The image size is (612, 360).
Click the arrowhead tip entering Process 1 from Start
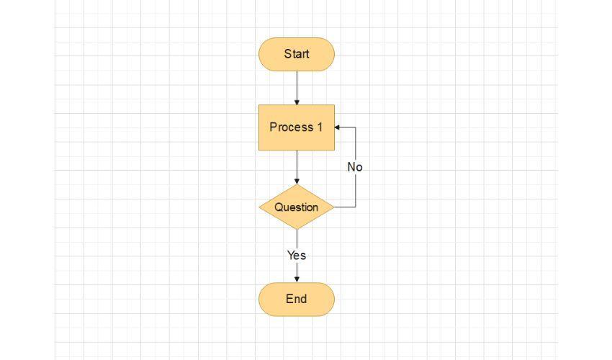tap(297, 105)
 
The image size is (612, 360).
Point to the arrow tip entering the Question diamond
tap(297, 184)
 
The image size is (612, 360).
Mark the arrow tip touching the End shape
tap(297, 282)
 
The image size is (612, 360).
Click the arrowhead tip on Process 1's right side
tap(335, 127)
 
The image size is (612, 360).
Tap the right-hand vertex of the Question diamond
tap(335, 207)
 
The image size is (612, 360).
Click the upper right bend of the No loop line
tap(356, 127)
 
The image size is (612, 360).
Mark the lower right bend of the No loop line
tap(356, 207)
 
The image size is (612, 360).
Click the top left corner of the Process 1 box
tap(258, 105)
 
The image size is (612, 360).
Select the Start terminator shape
tap(297, 54)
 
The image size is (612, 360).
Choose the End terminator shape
tap(297, 300)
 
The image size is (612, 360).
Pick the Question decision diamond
tap(297, 207)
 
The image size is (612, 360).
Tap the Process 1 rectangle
tap(297, 127)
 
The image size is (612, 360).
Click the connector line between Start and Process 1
tap(297, 88)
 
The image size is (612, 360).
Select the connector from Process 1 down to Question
tap(297, 167)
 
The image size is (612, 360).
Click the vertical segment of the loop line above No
tap(356, 144)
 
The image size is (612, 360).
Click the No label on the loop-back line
tap(355, 167)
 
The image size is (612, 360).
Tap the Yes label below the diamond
tap(297, 256)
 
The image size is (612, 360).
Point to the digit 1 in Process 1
tap(320, 127)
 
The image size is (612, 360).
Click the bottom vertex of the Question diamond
tap(297, 229)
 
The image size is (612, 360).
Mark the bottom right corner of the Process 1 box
tap(335, 150)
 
